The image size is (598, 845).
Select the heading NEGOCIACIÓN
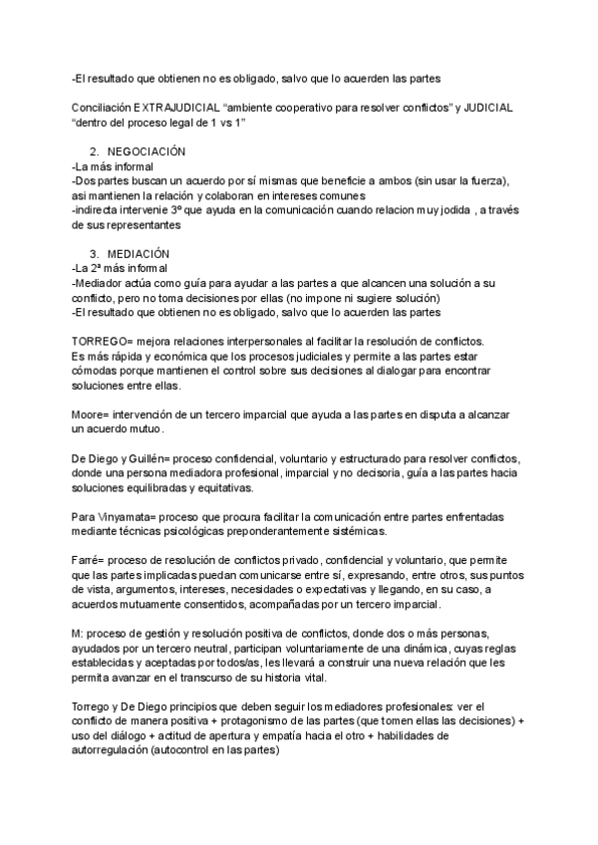point(147,150)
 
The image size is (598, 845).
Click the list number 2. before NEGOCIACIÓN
point(95,150)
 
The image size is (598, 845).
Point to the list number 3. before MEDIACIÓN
point(95,254)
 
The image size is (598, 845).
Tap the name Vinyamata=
point(128,517)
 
